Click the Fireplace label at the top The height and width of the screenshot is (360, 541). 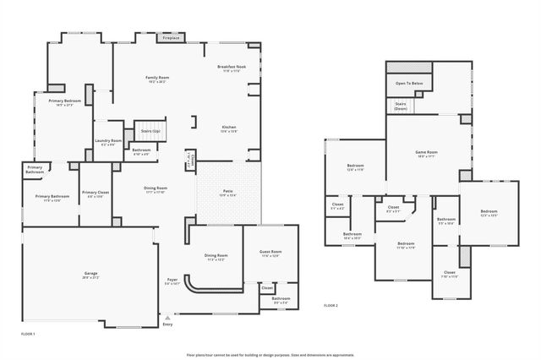(x=171, y=38)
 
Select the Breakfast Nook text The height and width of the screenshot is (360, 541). (x=230, y=67)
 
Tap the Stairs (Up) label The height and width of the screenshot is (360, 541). (x=150, y=131)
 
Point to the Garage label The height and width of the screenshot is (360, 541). (x=90, y=274)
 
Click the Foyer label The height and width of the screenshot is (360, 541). (x=172, y=279)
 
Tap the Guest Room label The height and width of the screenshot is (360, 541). (x=270, y=252)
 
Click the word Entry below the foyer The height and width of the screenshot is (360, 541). (x=167, y=325)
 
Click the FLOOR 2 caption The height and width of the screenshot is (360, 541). (x=331, y=305)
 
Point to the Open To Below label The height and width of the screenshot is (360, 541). (x=408, y=84)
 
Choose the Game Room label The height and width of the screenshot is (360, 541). (x=424, y=153)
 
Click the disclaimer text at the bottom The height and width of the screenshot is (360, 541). (x=270, y=354)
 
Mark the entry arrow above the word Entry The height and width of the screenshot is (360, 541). (x=167, y=317)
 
